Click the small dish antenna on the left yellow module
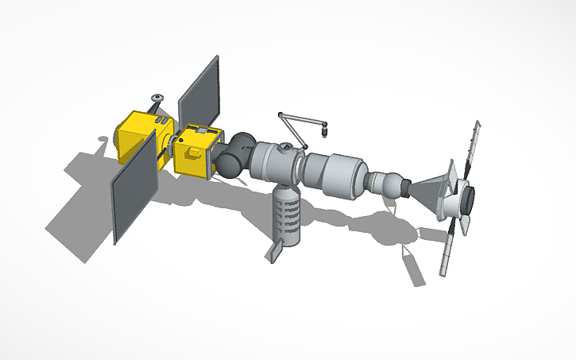pyautogui.click(x=157, y=98)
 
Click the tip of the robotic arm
pyautogui.click(x=326, y=126)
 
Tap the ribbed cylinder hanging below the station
pyautogui.click(x=287, y=215)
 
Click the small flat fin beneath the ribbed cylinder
pyautogui.click(x=275, y=250)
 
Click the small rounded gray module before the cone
pyautogui.click(x=389, y=185)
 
